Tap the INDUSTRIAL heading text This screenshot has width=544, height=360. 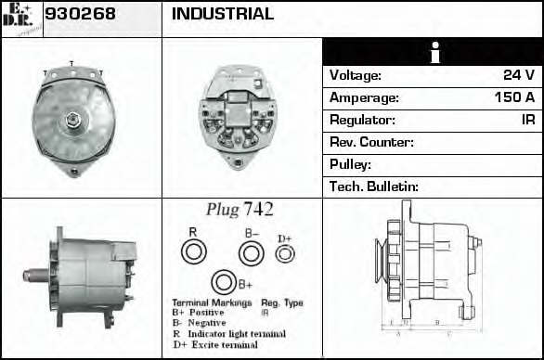[x=223, y=15]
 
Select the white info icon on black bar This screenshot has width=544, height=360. [x=433, y=52]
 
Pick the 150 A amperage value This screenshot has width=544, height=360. [x=512, y=97]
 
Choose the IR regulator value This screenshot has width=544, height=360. [x=528, y=120]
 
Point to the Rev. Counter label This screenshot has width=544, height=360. [x=371, y=142]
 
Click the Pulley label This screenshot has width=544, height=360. [x=350, y=164]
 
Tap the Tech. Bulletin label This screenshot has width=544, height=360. [x=374, y=186]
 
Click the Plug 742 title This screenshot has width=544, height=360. [x=240, y=210]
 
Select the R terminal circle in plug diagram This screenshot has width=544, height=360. [x=193, y=251]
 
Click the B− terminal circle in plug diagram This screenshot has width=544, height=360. [x=251, y=252]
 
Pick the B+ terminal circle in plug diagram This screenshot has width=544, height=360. [x=223, y=283]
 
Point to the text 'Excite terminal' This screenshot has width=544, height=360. [x=227, y=345]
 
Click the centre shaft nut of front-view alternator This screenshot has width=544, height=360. [x=72, y=119]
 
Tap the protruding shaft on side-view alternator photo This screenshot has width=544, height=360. [x=34, y=275]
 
